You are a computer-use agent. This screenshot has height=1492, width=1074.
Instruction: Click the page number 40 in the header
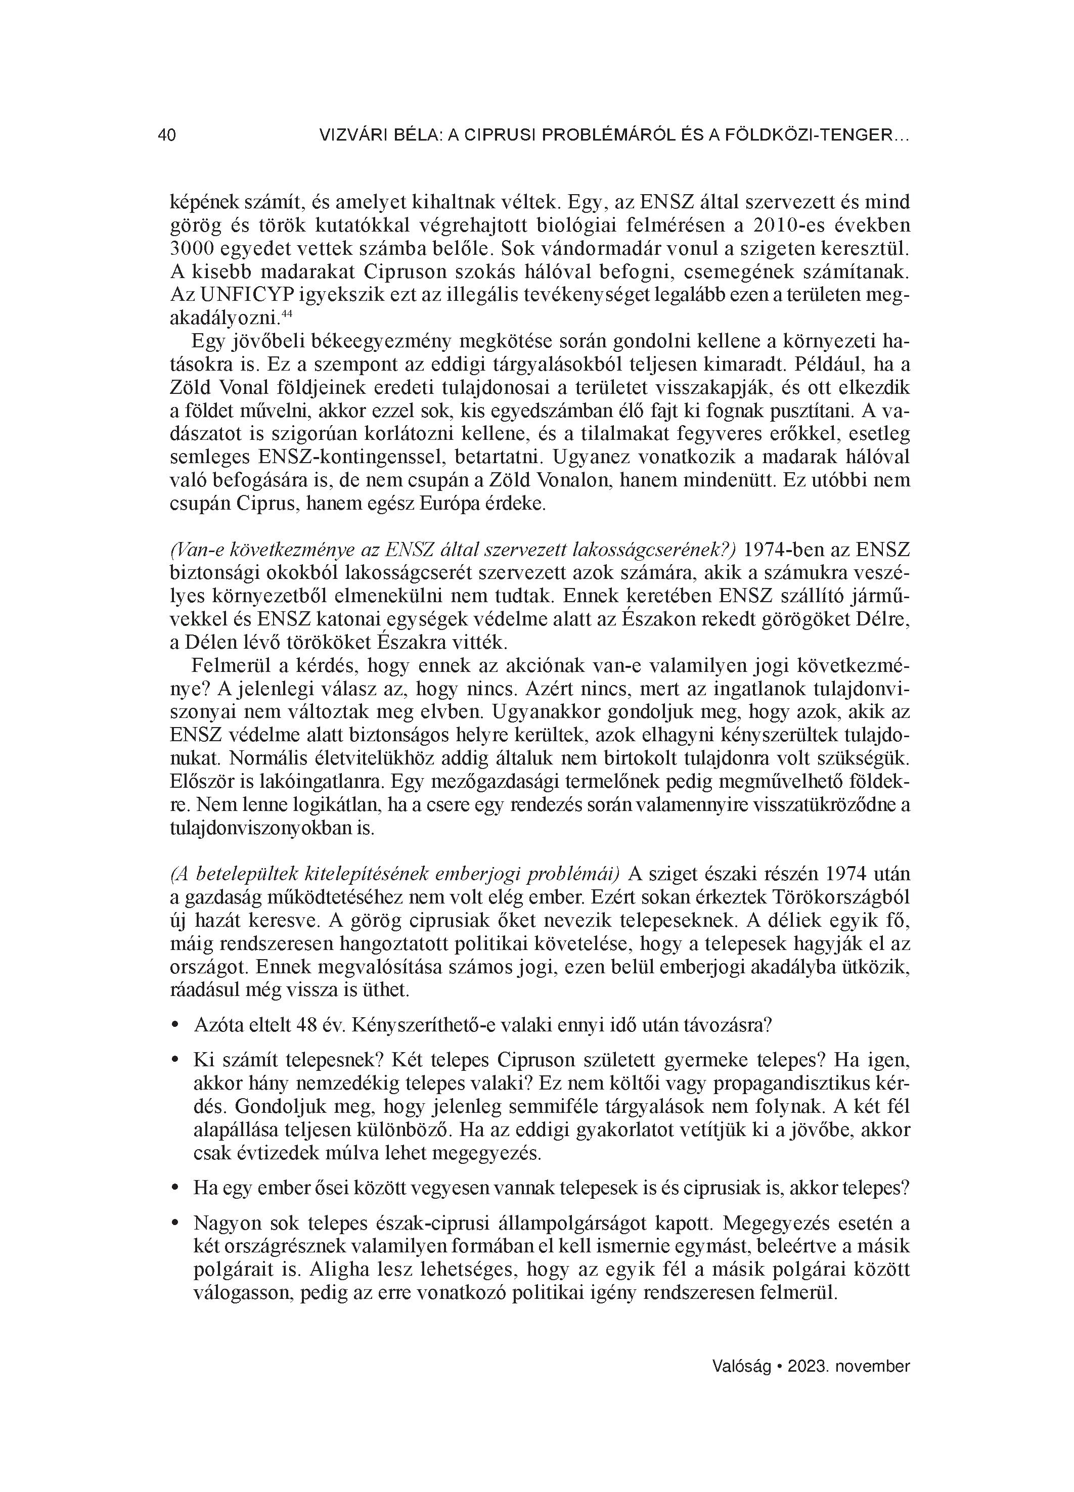pos(166,135)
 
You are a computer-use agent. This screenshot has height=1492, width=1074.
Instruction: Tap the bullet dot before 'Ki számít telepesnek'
pos(175,1060)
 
